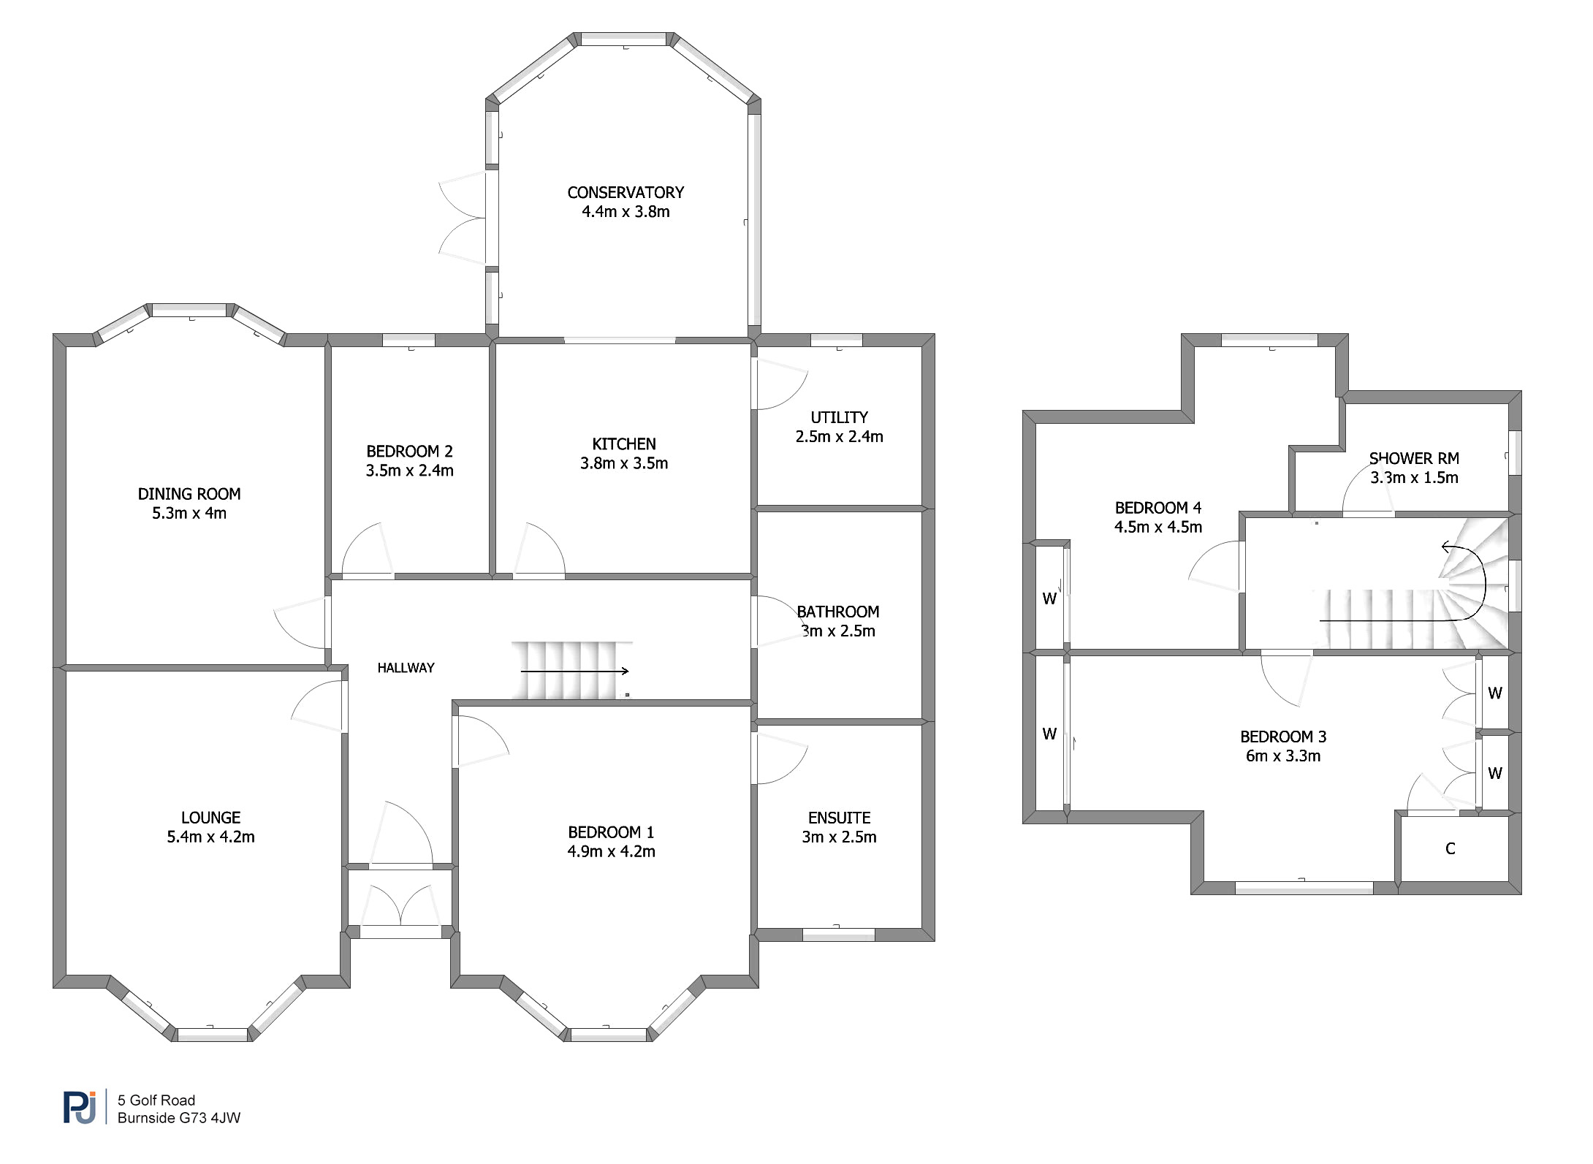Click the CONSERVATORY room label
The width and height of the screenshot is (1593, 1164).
point(626,193)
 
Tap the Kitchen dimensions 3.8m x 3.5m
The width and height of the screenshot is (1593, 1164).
point(624,463)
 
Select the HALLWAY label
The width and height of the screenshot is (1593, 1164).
point(406,668)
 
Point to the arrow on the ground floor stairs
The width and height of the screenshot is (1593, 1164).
point(574,671)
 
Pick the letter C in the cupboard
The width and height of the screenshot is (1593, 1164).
point(1451,848)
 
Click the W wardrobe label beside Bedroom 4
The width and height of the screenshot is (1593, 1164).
point(1049,599)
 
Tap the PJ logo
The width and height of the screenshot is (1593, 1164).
point(80,1107)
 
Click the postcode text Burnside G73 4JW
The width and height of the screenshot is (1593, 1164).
point(179,1118)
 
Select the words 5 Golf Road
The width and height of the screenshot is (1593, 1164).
point(156,1100)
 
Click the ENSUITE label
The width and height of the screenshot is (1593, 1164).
point(839,818)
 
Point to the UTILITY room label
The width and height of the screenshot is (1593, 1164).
point(839,418)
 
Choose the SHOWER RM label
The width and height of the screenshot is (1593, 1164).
point(1414,459)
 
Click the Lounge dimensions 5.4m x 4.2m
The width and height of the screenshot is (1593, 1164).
point(210,837)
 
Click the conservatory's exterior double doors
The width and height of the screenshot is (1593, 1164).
point(463,217)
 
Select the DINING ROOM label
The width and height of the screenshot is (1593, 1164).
point(189,495)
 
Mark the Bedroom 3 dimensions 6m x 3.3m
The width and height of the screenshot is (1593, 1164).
point(1283,756)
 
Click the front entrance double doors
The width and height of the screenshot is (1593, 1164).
point(400,906)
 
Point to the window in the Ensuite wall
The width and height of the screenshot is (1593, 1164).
point(839,934)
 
